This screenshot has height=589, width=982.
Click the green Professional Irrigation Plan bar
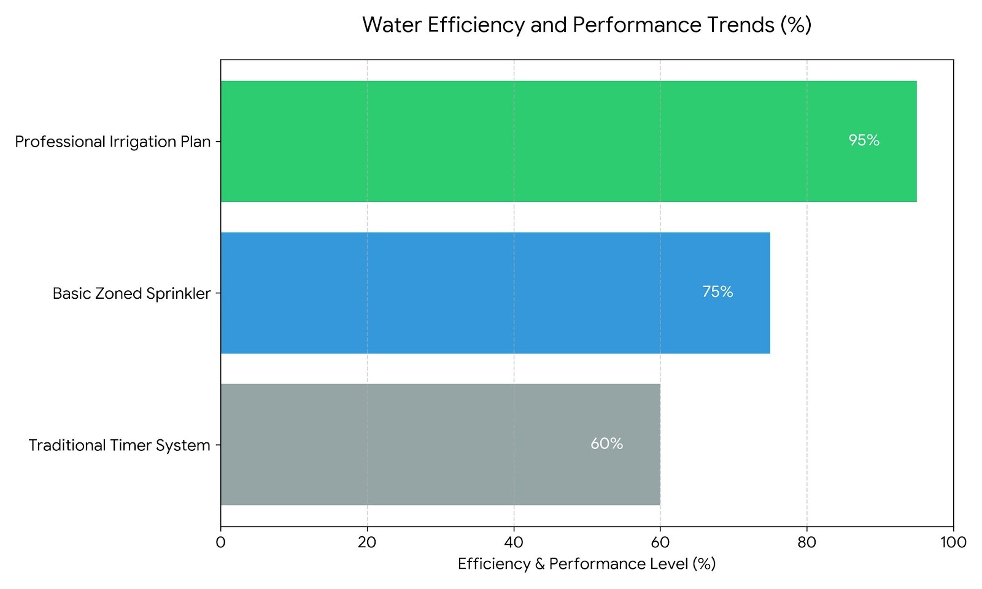(568, 141)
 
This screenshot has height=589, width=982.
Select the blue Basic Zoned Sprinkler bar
(495, 293)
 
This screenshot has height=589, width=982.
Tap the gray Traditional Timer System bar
(440, 444)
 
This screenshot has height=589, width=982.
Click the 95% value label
(864, 141)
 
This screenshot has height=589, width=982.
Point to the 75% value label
(717, 292)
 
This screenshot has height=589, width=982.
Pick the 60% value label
(606, 444)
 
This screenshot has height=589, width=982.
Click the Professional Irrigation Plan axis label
(113, 142)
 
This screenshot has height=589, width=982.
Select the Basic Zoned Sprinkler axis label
(131, 293)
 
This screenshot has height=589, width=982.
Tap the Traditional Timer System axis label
(119, 445)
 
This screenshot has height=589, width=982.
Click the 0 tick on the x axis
(221, 542)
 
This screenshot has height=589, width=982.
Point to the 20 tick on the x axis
(367, 542)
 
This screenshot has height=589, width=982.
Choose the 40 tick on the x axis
(514, 542)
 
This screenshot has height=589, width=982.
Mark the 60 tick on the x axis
(660, 542)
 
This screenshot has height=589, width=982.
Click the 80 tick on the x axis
(806, 542)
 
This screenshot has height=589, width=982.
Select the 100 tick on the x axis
(953, 542)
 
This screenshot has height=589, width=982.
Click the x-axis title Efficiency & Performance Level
(587, 564)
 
